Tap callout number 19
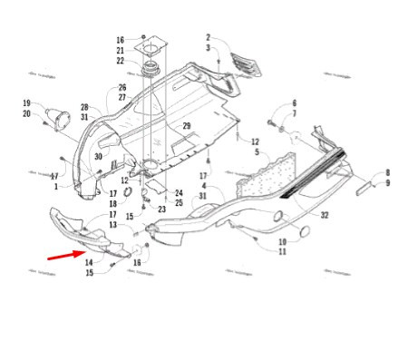(27, 103)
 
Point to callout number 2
(207, 37)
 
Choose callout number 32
(325, 215)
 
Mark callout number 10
(282, 241)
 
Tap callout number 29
(187, 125)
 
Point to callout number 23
(161, 209)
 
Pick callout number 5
(257, 152)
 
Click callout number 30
(97, 156)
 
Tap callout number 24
(180, 193)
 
